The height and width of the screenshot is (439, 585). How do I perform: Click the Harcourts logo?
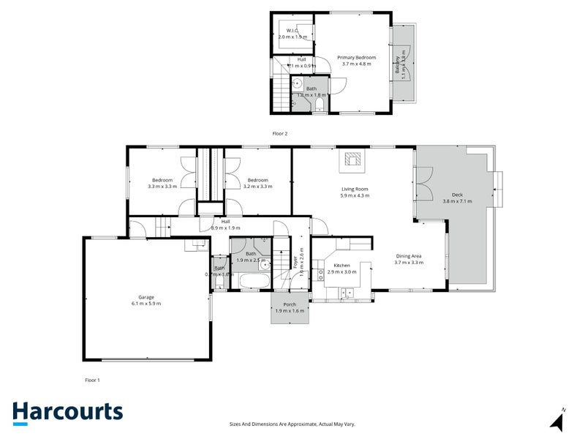(67, 412)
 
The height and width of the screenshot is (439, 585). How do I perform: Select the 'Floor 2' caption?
(279, 134)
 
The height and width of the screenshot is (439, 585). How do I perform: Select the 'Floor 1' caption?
(92, 380)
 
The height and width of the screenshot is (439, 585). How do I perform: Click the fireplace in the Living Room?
(354, 160)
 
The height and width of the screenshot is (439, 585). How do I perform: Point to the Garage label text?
(146, 299)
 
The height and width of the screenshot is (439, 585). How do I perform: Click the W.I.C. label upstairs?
(292, 31)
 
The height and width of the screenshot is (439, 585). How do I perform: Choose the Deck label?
(457, 195)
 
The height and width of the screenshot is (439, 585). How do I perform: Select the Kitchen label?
(342, 265)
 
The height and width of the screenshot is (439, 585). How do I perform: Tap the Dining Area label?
(409, 255)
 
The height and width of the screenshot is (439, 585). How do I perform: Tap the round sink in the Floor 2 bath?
(298, 85)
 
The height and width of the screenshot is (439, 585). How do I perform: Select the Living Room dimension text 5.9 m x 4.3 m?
(355, 196)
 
